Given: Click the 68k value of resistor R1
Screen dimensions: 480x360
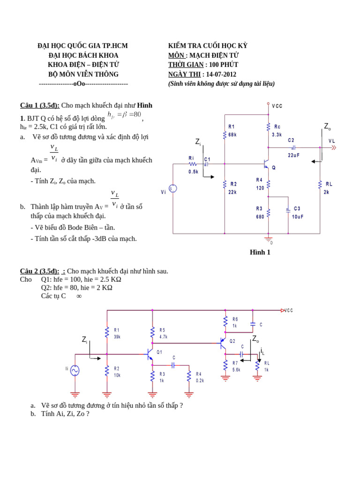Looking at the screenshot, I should point(232,135).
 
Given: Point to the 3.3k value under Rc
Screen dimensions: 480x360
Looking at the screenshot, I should point(277,135).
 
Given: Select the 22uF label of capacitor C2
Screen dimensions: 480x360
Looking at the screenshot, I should point(293,155).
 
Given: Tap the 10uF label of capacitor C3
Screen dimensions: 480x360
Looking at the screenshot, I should point(298,217).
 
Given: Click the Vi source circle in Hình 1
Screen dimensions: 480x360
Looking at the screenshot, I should point(173,188).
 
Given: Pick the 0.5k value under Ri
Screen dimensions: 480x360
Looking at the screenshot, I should point(193,172).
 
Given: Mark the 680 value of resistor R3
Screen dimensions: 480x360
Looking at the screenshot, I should point(260,217).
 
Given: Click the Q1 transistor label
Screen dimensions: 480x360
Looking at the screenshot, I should point(159,352).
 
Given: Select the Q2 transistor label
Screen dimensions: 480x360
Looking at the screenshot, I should point(232,341).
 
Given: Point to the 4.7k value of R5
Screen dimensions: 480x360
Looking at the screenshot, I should point(163,337).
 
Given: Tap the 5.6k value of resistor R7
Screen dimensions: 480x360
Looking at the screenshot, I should point(236,370).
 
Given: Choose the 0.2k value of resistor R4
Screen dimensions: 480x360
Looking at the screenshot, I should point(200,381).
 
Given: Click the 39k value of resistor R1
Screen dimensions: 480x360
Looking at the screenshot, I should point(117,337).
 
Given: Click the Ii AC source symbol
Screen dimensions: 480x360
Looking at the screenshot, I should point(75,370).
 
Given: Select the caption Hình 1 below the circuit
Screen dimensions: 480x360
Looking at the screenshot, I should point(260,252).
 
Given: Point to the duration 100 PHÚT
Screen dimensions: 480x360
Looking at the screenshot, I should point(223,65).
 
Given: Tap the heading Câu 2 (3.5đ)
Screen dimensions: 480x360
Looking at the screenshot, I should point(39,271).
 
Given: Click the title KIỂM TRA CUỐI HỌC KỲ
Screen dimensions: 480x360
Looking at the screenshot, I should point(208,46).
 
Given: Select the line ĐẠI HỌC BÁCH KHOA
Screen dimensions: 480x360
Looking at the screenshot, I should point(83,55).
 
